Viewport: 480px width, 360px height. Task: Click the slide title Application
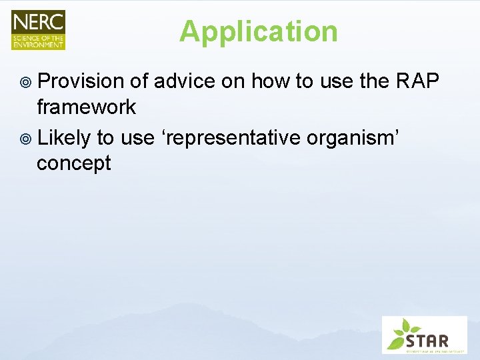258,31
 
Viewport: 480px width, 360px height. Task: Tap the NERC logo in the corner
38,30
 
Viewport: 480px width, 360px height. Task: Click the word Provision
81,81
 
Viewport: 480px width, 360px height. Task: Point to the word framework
86,107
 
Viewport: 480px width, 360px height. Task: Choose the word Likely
64,138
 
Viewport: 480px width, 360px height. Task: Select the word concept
73,163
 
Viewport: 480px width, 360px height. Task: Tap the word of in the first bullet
139,81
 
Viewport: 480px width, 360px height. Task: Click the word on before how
235,81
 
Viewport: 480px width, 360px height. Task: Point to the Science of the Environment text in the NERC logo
38,40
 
